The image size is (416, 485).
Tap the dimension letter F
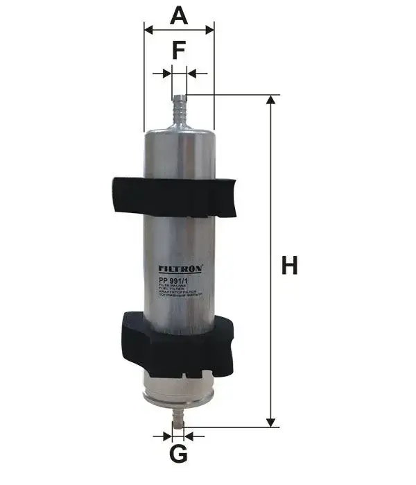[179, 50]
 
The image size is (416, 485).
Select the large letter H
[289, 265]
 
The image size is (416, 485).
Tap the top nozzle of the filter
[179, 108]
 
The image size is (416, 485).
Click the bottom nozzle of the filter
[178, 416]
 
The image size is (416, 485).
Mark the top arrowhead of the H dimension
[271, 101]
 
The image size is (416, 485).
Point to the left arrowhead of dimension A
[148, 30]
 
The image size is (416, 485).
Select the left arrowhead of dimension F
[166, 73]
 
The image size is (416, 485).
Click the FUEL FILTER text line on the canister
[173, 289]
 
